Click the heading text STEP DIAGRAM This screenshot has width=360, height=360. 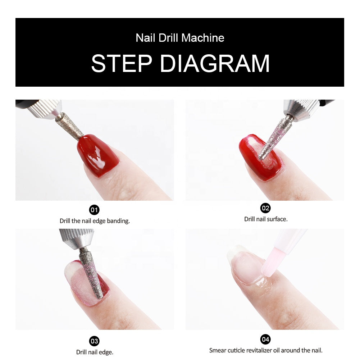coord(180,64)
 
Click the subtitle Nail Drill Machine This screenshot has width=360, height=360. coord(180,38)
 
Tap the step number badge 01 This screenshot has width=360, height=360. coord(94,210)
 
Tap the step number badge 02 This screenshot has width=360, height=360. coord(265,208)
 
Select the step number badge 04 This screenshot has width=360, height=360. coord(265,339)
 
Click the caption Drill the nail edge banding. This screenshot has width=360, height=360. coord(95,221)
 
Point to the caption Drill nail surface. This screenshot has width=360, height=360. coord(266,219)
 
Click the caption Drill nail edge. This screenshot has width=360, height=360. coord(95,352)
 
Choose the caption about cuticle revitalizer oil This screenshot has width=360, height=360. coord(266,350)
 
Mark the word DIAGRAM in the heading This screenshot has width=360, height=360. coord(215,64)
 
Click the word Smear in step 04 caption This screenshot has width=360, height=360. coord(217,350)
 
